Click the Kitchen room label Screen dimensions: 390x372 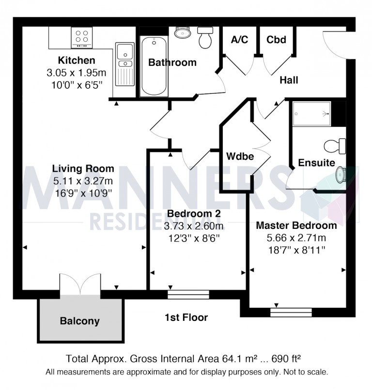[77, 61]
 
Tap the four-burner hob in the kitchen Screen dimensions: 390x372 [82, 37]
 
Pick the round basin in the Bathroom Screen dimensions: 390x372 [183, 33]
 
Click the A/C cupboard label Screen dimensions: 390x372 [240, 40]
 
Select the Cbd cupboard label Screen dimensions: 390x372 [277, 40]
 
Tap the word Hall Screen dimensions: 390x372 [289, 80]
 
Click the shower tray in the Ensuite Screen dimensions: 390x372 [311, 114]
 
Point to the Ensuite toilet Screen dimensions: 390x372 [335, 145]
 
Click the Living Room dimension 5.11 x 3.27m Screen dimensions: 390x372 [83, 180]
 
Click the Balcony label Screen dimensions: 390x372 [80, 321]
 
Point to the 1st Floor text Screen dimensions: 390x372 [186, 318]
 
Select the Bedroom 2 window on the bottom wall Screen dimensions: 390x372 [188, 294]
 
